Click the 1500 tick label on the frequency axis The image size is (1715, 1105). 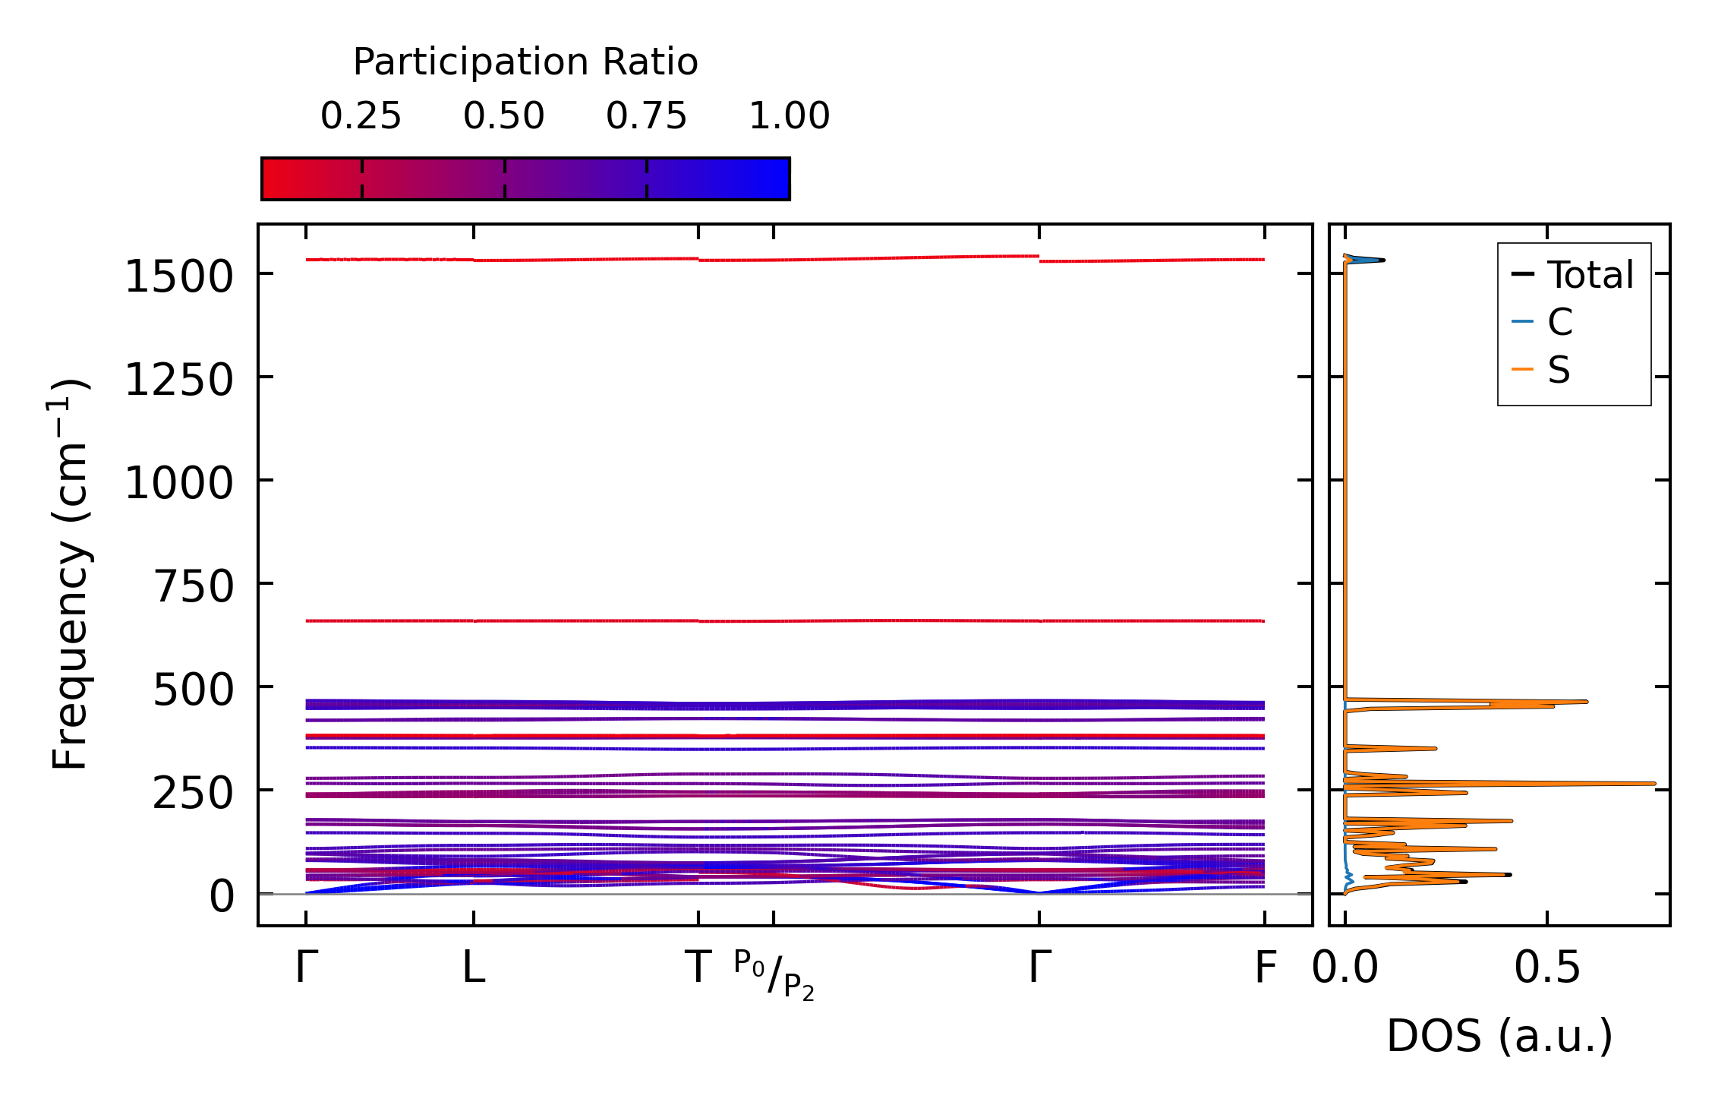pyautogui.click(x=178, y=276)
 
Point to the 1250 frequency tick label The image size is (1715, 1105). pyautogui.click(x=178, y=380)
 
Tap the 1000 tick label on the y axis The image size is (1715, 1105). pyautogui.click(x=178, y=483)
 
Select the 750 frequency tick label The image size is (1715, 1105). pyautogui.click(x=193, y=586)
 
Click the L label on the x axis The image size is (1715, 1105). pyautogui.click(x=474, y=968)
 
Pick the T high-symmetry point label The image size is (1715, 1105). pyautogui.click(x=698, y=968)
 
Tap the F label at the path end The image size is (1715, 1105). pyautogui.click(x=1265, y=968)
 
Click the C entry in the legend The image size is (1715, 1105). pyautogui.click(x=1559, y=322)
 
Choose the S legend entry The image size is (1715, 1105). pyautogui.click(x=1559, y=371)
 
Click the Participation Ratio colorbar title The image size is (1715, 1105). pyautogui.click(x=525, y=62)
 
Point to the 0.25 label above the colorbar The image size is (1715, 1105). pyautogui.click(x=361, y=116)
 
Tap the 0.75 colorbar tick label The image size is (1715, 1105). pyautogui.click(x=646, y=116)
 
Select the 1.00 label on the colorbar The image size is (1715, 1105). pyautogui.click(x=790, y=116)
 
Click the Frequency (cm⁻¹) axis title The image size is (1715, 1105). pyautogui.click(x=69, y=574)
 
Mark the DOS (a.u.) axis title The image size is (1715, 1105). pyautogui.click(x=1499, y=1036)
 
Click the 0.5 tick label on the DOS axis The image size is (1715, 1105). pyautogui.click(x=1547, y=969)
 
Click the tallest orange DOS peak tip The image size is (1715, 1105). pyautogui.click(x=1654, y=783)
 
